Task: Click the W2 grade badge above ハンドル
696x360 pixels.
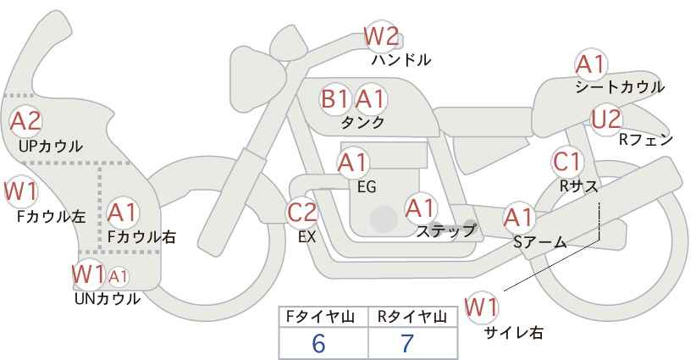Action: pyautogui.click(x=380, y=36)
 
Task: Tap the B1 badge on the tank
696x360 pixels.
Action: pyautogui.click(x=334, y=99)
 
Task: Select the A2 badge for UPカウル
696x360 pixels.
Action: pyautogui.click(x=25, y=121)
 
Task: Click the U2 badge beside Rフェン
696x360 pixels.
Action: pyautogui.click(x=605, y=119)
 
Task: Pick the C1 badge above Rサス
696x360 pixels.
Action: pyautogui.click(x=566, y=161)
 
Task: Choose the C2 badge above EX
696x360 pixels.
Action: pyautogui.click(x=302, y=213)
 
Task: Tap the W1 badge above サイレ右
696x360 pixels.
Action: pyautogui.click(x=483, y=307)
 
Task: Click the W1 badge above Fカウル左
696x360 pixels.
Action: pyautogui.click(x=19, y=191)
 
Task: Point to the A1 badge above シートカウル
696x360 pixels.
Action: pyautogui.click(x=590, y=64)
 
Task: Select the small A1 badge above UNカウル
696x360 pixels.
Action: pyautogui.click(x=119, y=275)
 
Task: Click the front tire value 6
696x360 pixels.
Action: pyautogui.click(x=318, y=343)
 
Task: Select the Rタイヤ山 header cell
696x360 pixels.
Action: pyautogui.click(x=412, y=317)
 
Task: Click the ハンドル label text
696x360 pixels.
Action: pyautogui.click(x=401, y=60)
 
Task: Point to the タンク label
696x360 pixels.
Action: pyautogui.click(x=362, y=123)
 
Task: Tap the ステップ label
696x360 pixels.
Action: pyautogui.click(x=445, y=230)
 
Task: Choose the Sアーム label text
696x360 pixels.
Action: pyautogui.click(x=539, y=241)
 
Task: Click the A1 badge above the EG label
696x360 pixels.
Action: pyautogui.click(x=353, y=162)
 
